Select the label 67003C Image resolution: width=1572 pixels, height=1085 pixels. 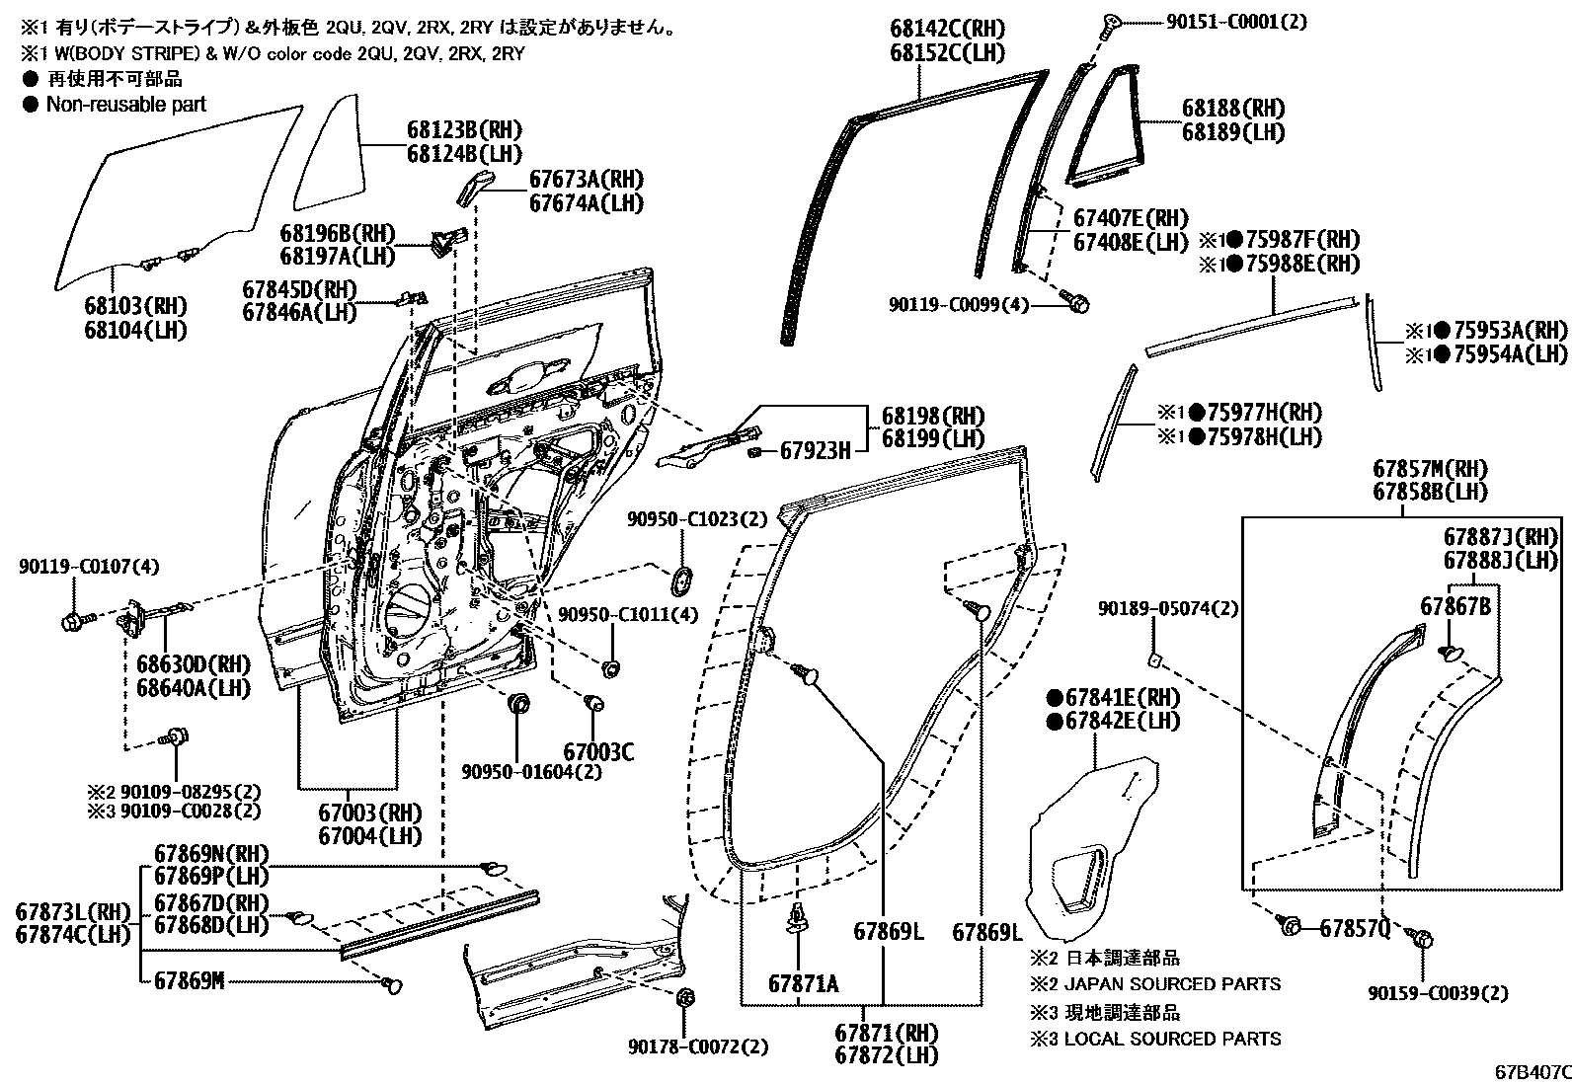click(x=598, y=752)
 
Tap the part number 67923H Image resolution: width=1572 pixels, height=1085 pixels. click(x=815, y=451)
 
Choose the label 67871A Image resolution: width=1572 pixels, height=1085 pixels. click(x=803, y=983)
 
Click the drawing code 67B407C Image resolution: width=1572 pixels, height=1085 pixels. click(x=1532, y=1071)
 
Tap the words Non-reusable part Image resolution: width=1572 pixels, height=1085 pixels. click(x=126, y=104)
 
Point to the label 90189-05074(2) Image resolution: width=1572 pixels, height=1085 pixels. click(x=1167, y=609)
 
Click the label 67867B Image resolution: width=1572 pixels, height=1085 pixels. click(x=1455, y=606)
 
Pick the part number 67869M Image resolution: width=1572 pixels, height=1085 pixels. click(x=190, y=980)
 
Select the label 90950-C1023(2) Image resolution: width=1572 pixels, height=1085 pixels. click(x=697, y=518)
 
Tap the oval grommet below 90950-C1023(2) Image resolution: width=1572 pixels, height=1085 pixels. click(x=680, y=581)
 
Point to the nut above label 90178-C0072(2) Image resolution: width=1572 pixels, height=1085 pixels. click(x=682, y=997)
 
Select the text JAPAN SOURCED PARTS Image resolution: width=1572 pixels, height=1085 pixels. click(x=1172, y=984)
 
